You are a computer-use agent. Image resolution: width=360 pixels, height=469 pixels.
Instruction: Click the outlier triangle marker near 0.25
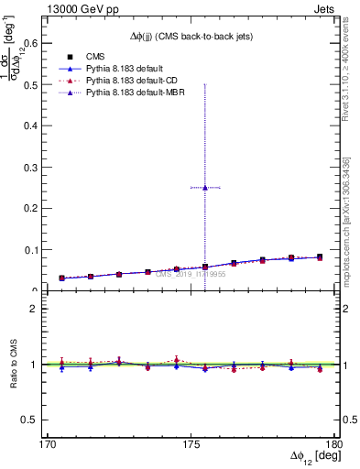pos(205,188)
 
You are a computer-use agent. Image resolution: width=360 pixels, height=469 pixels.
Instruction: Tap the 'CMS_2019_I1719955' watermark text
pos(191,273)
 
